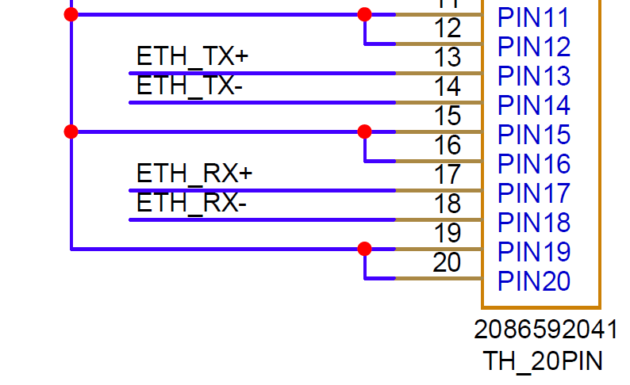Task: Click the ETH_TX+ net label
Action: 193,56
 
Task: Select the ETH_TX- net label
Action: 190,86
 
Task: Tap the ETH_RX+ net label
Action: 194,173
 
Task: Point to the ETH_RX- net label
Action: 192,203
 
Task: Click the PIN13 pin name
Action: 534,76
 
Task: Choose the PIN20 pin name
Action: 534,281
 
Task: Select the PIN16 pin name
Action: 534,164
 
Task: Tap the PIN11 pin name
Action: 533,17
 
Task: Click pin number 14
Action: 448,86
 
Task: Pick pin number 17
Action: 448,174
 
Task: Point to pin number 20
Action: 447,263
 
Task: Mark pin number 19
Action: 448,233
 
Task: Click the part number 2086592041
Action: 546,330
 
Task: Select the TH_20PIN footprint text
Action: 543,361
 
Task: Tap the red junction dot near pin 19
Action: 364,249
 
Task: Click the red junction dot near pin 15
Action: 364,132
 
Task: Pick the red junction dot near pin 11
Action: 364,14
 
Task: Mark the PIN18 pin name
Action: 534,223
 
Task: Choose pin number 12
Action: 448,28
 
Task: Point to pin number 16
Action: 448,145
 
